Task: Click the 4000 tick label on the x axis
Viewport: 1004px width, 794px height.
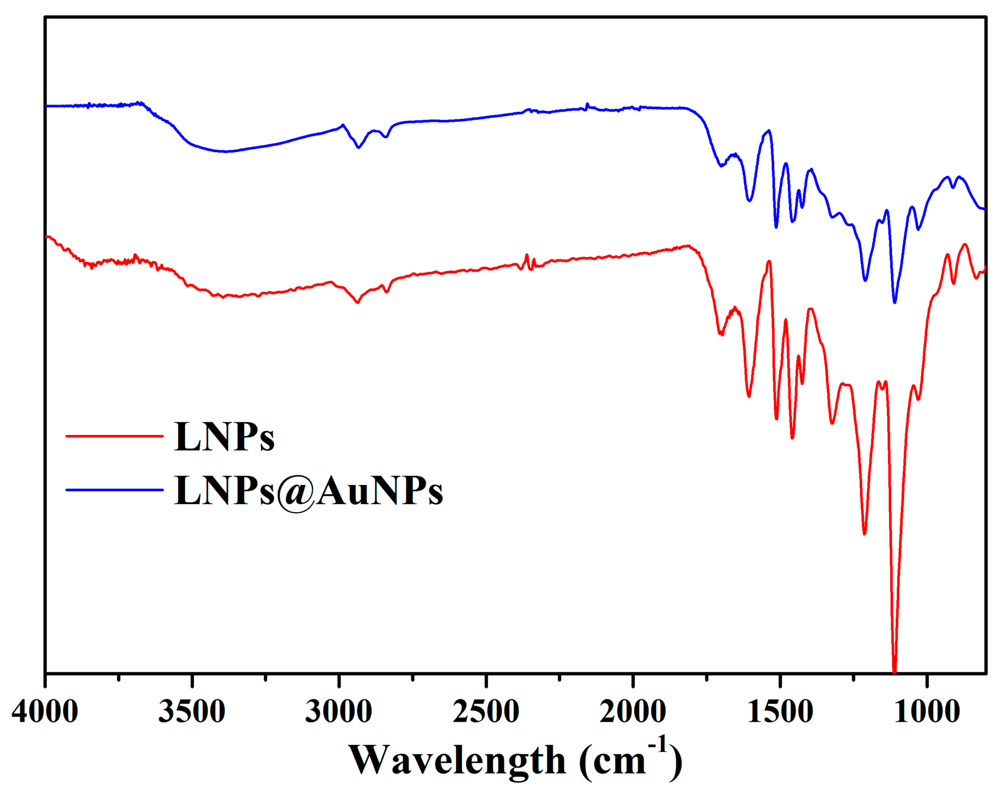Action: pyautogui.click(x=45, y=712)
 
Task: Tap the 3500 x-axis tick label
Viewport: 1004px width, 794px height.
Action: pyautogui.click(x=192, y=712)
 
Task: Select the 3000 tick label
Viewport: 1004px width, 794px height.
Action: pyautogui.click(x=339, y=712)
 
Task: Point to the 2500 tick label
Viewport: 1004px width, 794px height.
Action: pyautogui.click(x=486, y=712)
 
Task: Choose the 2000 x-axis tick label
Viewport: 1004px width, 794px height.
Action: pyautogui.click(x=633, y=712)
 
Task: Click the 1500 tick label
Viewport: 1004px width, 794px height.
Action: pyautogui.click(x=780, y=712)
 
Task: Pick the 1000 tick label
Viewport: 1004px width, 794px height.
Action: pyautogui.click(x=927, y=712)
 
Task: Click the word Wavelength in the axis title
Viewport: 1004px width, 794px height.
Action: pyautogui.click(x=457, y=760)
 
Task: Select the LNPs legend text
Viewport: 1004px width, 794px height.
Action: pyautogui.click(x=224, y=437)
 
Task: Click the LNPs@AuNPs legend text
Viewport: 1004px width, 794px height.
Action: pyautogui.click(x=308, y=491)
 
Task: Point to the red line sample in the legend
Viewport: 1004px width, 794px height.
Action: pyautogui.click(x=114, y=436)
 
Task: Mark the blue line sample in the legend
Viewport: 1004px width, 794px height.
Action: pyautogui.click(x=114, y=490)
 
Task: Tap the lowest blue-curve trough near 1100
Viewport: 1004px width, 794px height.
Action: pyautogui.click(x=895, y=302)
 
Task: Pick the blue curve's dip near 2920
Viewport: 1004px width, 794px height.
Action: pyautogui.click(x=358, y=147)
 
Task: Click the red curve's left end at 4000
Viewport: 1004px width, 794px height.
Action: pyautogui.click(x=46, y=236)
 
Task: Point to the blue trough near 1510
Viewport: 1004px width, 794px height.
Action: pyautogui.click(x=776, y=227)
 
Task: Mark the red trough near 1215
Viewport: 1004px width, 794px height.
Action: pyautogui.click(x=864, y=534)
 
